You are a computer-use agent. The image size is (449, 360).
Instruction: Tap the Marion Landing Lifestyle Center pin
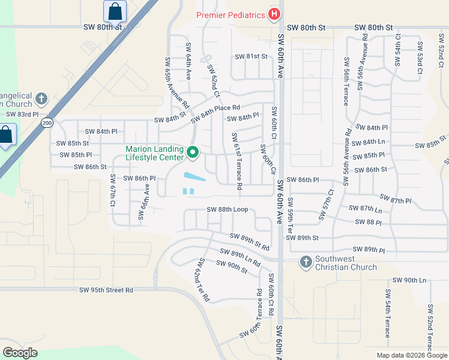pyautogui.click(x=193, y=154)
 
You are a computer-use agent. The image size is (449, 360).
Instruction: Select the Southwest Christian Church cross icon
pyautogui.click(x=306, y=262)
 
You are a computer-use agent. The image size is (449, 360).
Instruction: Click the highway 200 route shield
pyautogui.click(x=46, y=122)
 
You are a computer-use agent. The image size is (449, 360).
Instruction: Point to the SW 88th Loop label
pyautogui.click(x=228, y=209)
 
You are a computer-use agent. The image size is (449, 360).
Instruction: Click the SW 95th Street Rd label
pyautogui.click(x=106, y=290)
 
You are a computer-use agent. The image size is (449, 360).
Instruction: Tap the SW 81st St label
pyautogui.click(x=250, y=56)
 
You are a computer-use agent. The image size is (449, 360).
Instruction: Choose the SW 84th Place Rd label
pyautogui.click(x=215, y=114)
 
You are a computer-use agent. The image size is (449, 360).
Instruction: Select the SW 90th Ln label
pyautogui.click(x=409, y=280)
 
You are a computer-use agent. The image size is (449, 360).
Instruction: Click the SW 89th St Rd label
pyautogui.click(x=249, y=242)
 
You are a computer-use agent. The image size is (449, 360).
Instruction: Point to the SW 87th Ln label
pyautogui.click(x=366, y=209)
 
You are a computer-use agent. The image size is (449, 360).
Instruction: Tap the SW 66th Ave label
pyautogui.click(x=144, y=202)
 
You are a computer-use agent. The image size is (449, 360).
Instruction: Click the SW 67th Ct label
pyautogui.click(x=112, y=191)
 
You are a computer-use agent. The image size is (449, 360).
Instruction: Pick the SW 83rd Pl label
pyautogui.click(x=22, y=114)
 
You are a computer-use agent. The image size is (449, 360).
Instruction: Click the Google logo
pyautogui.click(x=20, y=353)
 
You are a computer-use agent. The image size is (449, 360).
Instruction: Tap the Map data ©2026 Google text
pyautogui.click(x=411, y=355)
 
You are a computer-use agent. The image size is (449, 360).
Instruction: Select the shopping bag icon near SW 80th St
pyautogui.click(x=115, y=11)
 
